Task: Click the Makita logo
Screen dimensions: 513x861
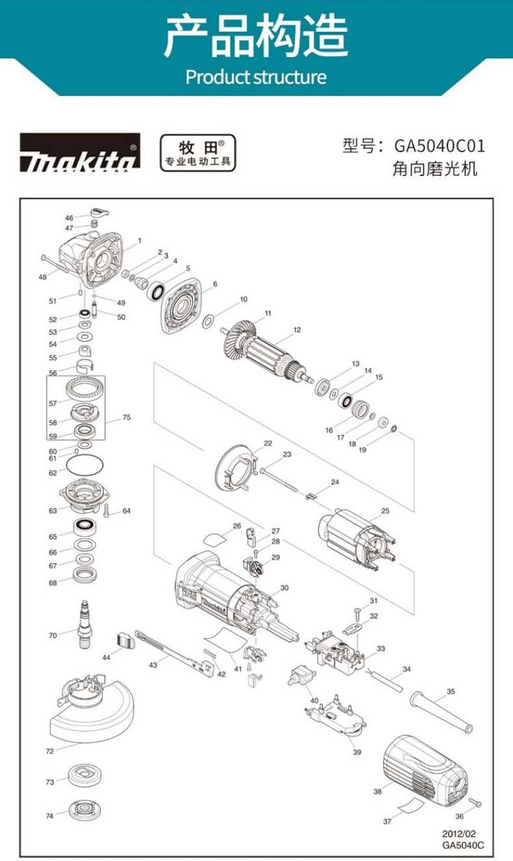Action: coord(80,153)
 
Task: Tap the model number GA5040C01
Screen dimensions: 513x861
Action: coord(440,146)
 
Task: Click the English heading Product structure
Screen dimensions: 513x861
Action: coord(256,77)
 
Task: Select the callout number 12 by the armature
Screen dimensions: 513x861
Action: coord(297,330)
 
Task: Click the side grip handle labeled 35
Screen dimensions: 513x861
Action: coord(441,713)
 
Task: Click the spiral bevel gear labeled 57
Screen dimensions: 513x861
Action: coord(85,389)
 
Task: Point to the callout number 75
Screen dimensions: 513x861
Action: coord(127,417)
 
